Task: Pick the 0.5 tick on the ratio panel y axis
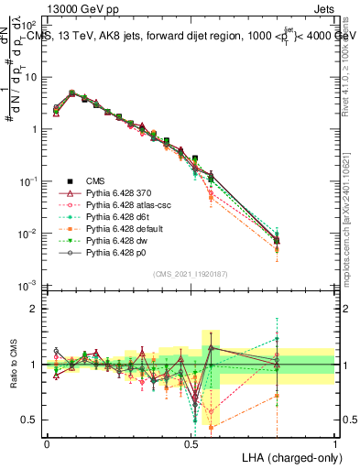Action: tap(31, 420)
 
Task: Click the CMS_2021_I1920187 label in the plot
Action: tap(191, 274)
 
